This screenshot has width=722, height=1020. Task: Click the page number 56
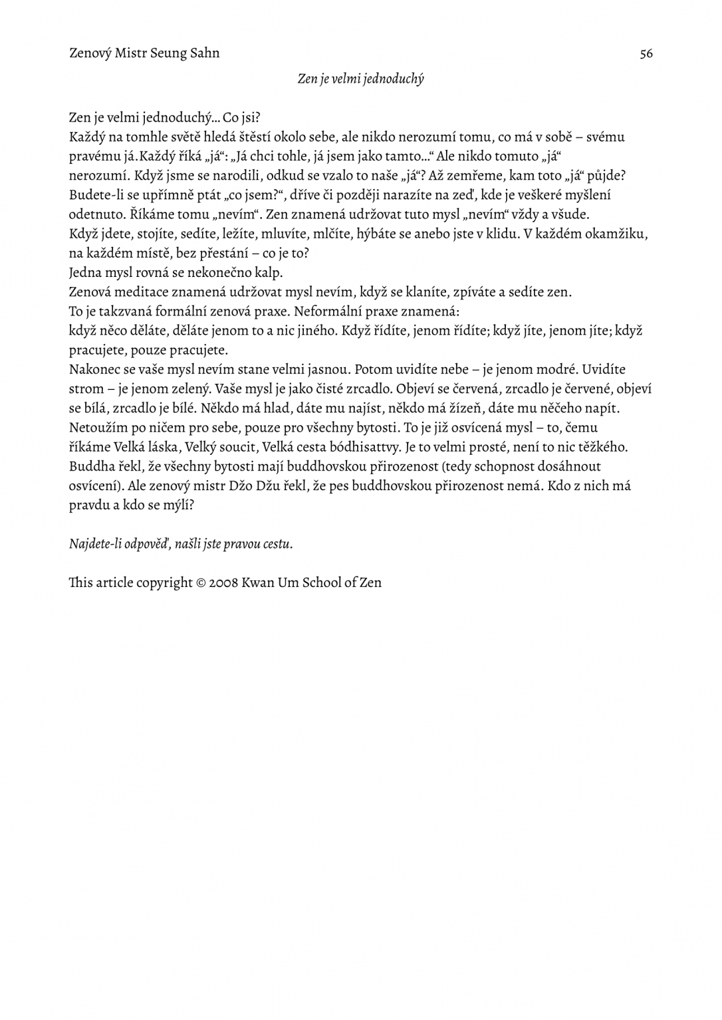[x=646, y=54]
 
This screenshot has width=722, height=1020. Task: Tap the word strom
[x=86, y=388]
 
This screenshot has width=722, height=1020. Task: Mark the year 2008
[x=223, y=583]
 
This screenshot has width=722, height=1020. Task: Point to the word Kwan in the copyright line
[x=258, y=583]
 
